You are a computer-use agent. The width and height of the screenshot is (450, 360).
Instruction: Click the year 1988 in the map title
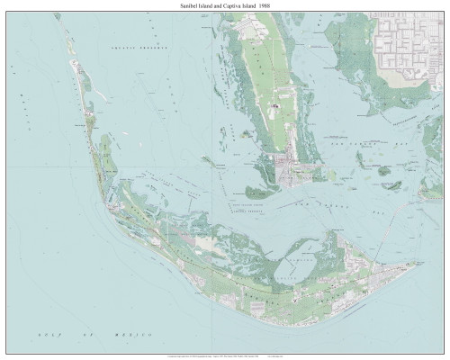click(x=270, y=5)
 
